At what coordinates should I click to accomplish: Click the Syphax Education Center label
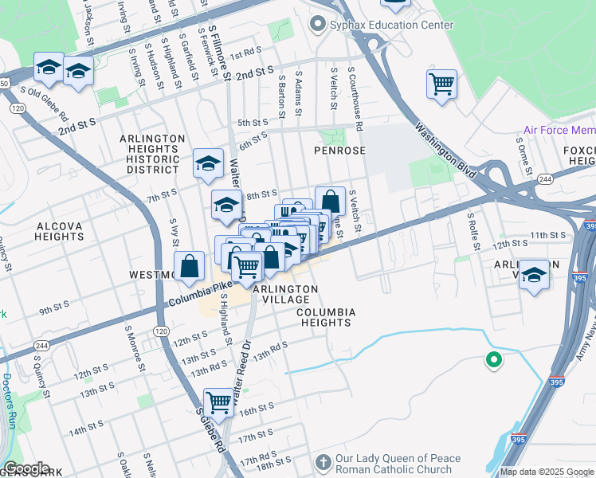[391, 25]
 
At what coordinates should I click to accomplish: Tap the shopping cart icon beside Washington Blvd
[441, 84]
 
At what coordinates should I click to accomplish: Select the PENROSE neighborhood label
[339, 150]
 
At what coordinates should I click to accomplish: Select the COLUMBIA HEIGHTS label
[324, 317]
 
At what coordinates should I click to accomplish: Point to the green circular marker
[494, 361]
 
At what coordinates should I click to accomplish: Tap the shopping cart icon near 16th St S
[218, 402]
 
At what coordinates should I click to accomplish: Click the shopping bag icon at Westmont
[190, 267]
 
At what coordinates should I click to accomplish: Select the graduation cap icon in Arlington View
[534, 275]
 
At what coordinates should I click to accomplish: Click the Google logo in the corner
[26, 468]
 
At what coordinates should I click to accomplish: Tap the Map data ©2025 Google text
[547, 472]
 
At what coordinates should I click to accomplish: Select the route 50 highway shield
[3, 84]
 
